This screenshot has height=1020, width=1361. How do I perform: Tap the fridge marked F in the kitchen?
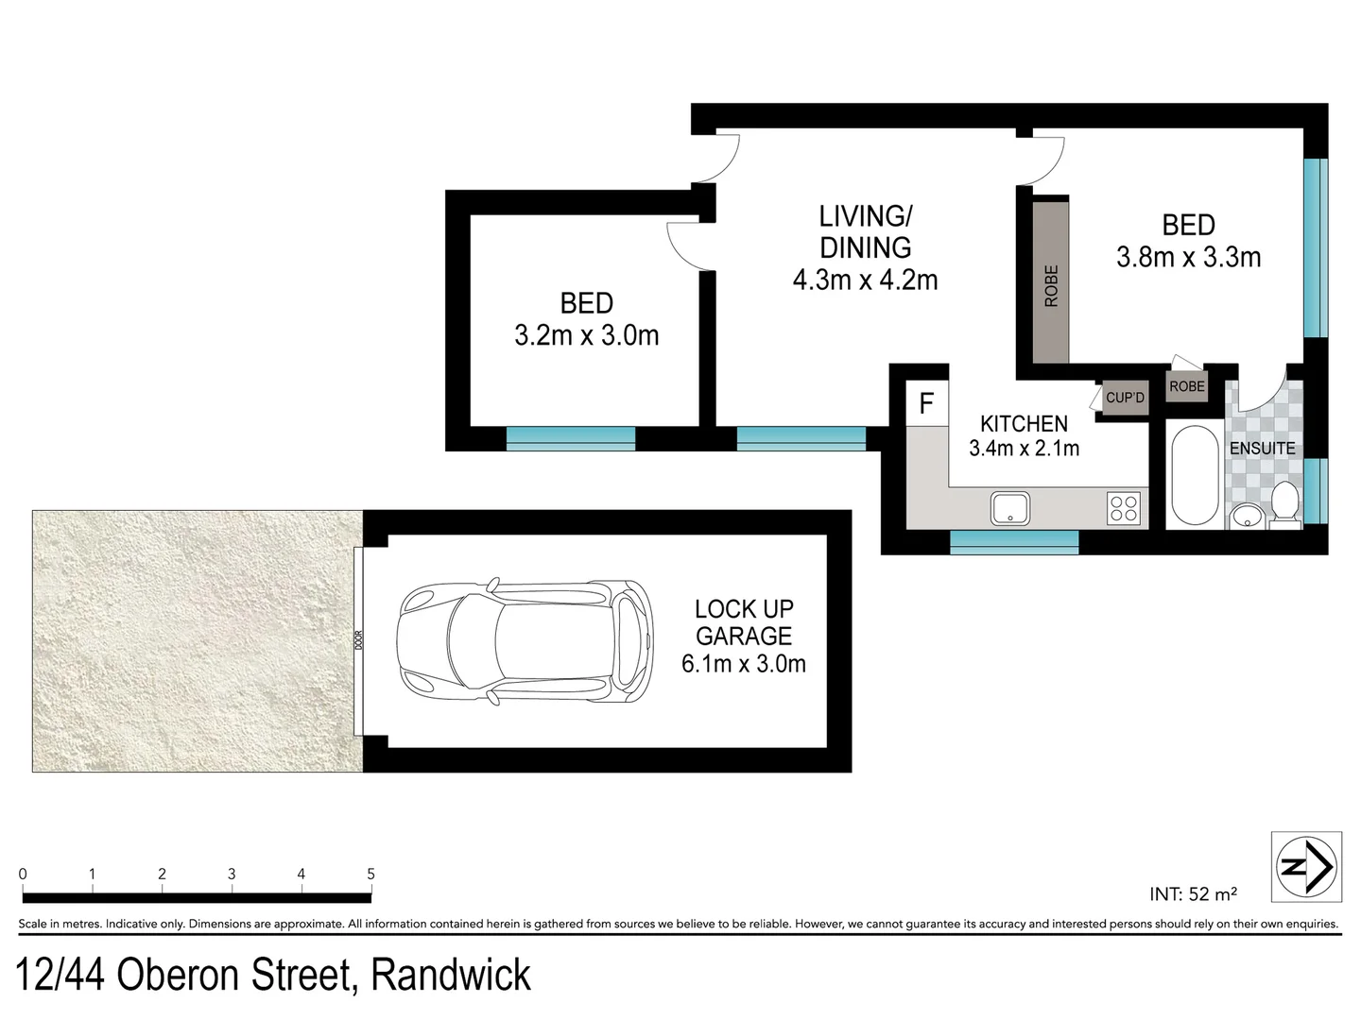(926, 404)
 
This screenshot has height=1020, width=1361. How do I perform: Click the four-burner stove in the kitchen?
(1124, 508)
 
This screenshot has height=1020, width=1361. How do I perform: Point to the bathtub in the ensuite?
(1194, 476)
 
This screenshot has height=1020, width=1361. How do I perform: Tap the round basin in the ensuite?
(1246, 517)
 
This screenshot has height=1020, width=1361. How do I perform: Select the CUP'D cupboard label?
(1125, 398)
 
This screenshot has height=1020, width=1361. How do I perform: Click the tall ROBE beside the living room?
(1051, 283)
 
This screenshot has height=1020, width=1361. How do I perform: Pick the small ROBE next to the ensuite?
(1186, 386)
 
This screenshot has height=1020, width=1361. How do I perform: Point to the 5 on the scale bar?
(370, 875)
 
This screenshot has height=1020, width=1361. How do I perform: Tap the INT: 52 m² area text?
(1194, 893)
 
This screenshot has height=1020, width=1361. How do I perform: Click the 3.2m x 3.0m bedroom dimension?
(586, 335)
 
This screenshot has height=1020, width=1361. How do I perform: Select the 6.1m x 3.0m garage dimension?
(743, 664)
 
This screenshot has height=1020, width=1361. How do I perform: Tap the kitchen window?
(1013, 541)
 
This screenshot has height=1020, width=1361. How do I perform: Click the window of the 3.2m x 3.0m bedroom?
(570, 437)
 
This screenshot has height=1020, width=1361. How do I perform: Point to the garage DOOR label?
(359, 641)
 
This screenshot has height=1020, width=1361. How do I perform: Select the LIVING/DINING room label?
(865, 231)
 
